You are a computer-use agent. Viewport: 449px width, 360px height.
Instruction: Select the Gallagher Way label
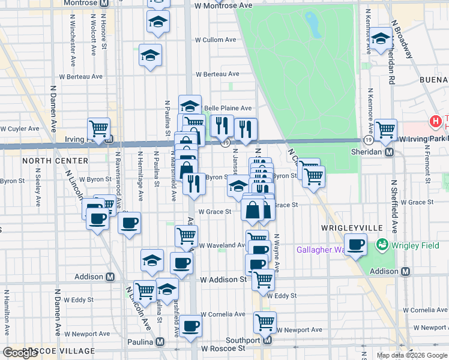point(322,250)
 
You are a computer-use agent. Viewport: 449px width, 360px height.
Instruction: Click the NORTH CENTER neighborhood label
point(47,161)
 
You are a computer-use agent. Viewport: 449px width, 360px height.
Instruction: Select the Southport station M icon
point(268,340)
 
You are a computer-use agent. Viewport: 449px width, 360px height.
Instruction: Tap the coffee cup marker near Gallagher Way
point(356,245)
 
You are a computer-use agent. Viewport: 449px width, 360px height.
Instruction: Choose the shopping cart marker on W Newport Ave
point(265,322)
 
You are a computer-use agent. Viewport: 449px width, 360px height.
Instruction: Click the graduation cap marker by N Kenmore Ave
point(381,40)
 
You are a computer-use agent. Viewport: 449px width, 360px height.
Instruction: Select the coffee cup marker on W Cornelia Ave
point(191,326)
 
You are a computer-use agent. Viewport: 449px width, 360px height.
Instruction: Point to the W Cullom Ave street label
point(215,40)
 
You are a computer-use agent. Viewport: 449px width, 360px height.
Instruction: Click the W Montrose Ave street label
point(223,5)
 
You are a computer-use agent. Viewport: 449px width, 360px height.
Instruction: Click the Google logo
point(20,353)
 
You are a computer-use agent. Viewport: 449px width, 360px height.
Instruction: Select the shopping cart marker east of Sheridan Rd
point(385,128)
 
